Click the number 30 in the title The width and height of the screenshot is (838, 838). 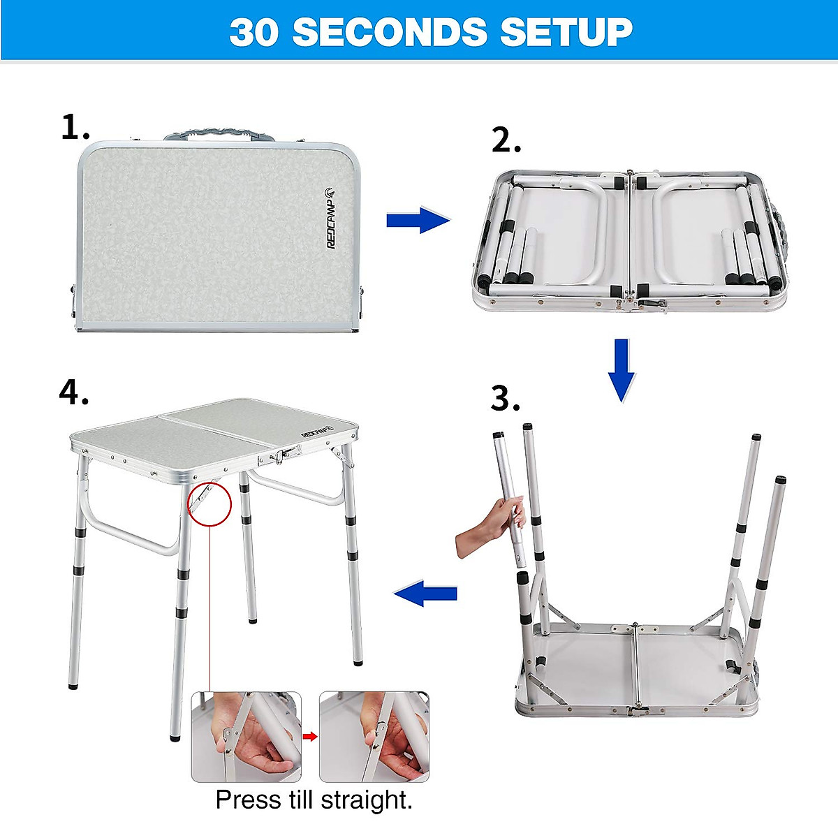tap(253, 32)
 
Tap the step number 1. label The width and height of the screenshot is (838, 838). tap(75, 128)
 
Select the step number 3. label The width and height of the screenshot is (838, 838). tap(506, 399)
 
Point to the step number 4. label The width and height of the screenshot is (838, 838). tap(74, 393)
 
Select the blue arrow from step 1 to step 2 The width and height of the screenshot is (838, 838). tap(418, 221)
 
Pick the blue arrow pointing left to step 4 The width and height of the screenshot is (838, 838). tap(425, 594)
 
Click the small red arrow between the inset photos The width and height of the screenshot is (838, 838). tap(310, 736)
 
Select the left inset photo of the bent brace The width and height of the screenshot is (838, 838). tap(247, 737)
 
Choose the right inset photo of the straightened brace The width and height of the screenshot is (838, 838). tap(374, 737)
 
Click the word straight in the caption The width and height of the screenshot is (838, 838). tap(373, 800)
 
